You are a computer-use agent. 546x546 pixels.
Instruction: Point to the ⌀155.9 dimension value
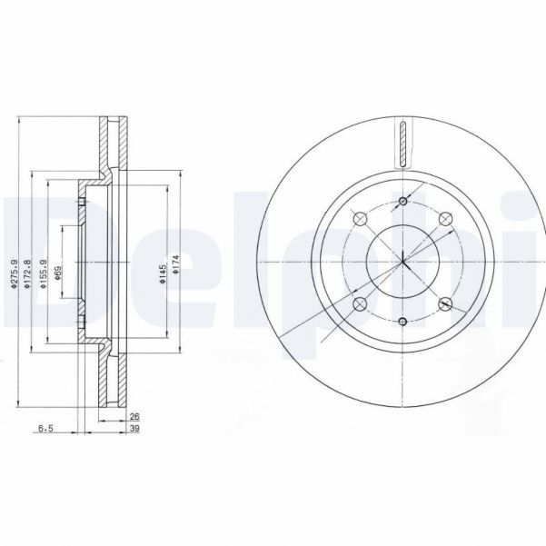click(x=44, y=273)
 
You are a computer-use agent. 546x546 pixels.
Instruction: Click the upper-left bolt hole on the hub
click(x=359, y=218)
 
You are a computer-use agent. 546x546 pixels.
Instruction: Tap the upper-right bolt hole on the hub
click(x=445, y=218)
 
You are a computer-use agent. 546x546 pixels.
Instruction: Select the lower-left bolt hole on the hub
click(x=359, y=304)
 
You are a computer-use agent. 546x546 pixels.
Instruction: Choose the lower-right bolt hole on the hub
click(x=445, y=304)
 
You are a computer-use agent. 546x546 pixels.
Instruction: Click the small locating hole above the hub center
click(x=402, y=202)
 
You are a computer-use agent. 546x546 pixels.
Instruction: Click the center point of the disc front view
click(x=402, y=262)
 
